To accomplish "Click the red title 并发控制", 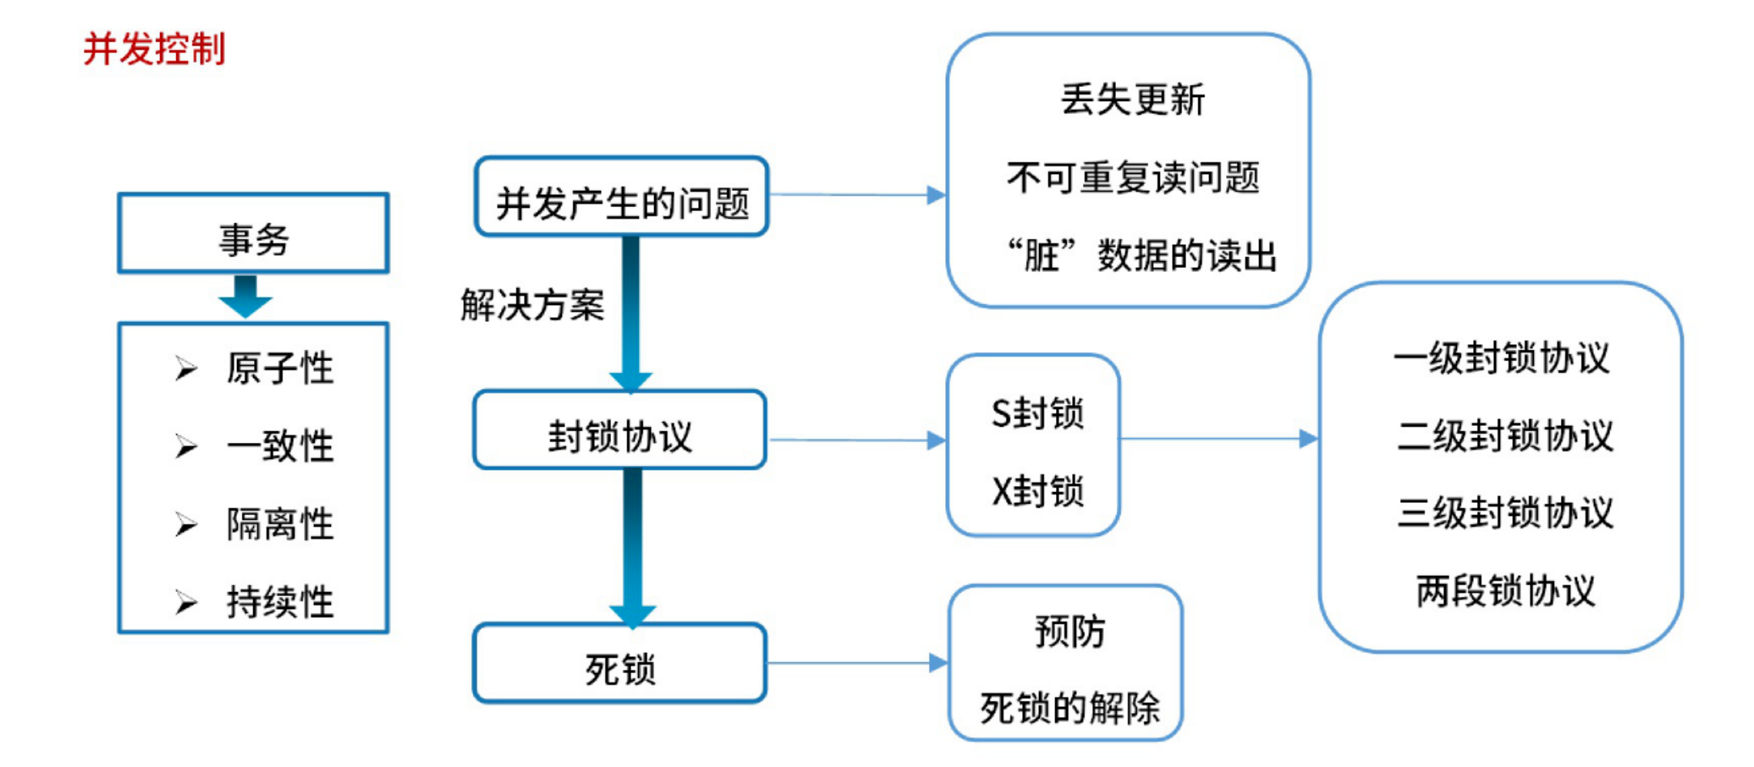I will (154, 49).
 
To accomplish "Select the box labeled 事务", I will (253, 233).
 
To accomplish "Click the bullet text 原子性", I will (279, 368).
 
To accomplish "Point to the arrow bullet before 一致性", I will (185, 447).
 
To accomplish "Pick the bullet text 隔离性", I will (279, 524).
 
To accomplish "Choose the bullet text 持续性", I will (279, 602).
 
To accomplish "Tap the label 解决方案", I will (533, 305).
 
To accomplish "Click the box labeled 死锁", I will (620, 665).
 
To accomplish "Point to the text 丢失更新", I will (1132, 100).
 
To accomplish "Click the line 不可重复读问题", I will (1132, 178).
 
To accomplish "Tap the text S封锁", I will (1037, 414).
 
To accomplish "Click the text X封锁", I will (1037, 491).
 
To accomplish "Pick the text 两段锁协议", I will (1505, 591).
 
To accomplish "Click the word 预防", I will (1069, 631).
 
